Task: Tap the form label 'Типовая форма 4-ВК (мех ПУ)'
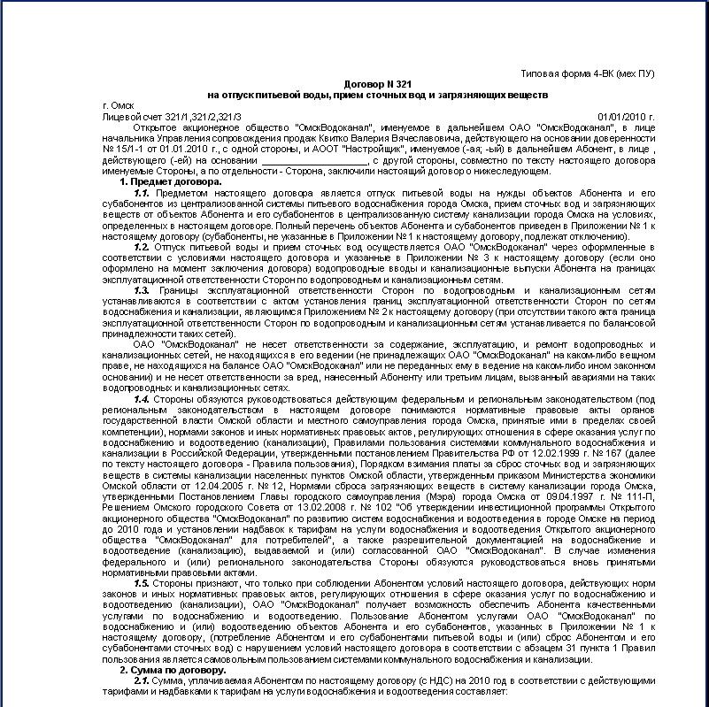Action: [588, 73]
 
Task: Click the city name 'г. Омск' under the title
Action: [118, 105]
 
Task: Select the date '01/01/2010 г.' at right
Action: [626, 116]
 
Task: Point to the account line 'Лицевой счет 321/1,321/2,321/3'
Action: [172, 116]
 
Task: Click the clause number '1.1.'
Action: [141, 192]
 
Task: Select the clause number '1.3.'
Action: [141, 289]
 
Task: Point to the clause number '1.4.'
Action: [141, 398]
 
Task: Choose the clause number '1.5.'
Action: [141, 584]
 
